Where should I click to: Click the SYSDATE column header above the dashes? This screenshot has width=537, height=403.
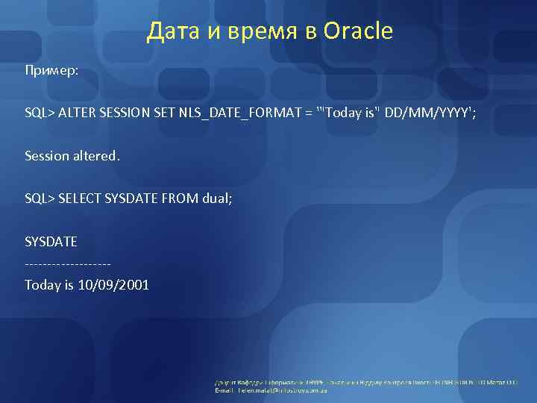51,243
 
